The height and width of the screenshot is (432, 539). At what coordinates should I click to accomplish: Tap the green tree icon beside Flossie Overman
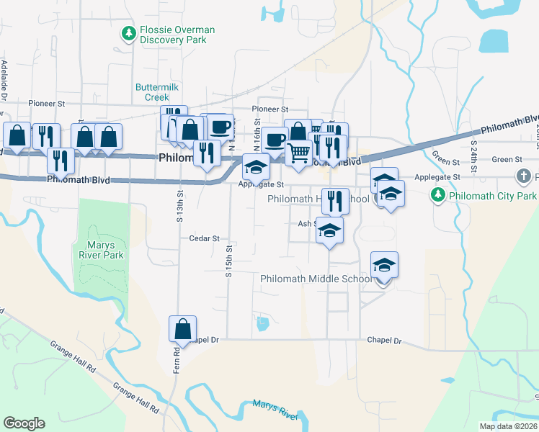129,33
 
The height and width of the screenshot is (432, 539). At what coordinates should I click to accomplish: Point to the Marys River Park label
101,250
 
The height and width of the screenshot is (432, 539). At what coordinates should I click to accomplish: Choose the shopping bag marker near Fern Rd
183,329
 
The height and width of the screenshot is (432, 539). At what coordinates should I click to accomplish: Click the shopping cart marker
299,152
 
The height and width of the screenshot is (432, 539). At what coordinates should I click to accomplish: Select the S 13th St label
180,206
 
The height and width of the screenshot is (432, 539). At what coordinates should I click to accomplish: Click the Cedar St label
203,238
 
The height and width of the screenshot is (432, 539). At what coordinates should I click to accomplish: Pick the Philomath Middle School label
314,279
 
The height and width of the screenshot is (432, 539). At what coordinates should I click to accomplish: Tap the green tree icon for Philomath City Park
436,194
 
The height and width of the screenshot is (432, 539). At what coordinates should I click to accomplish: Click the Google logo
24,423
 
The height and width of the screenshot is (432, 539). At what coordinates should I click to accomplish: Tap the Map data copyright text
508,426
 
